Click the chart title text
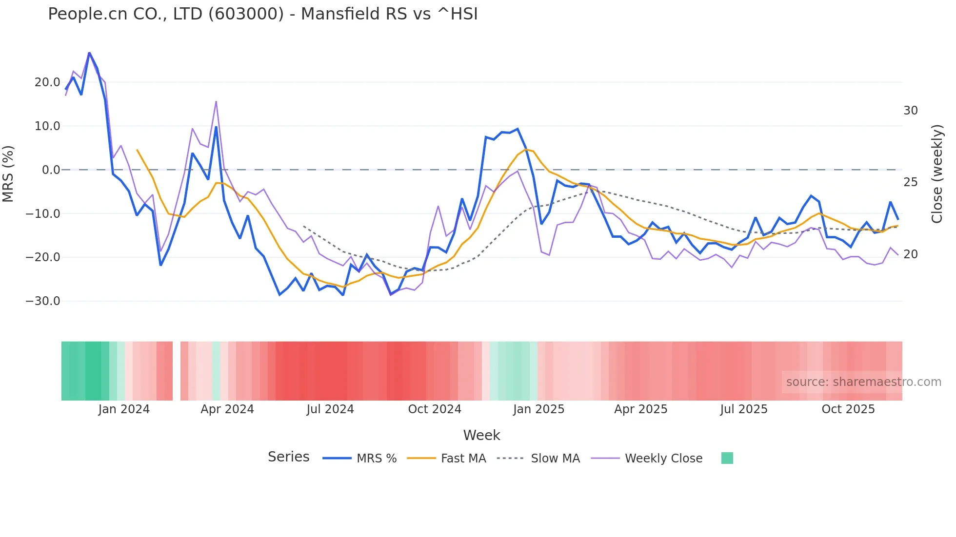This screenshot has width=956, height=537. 262,14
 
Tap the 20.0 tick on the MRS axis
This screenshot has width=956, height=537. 47,82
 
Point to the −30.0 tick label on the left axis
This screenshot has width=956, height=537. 43,301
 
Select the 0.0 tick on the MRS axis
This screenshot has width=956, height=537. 51,170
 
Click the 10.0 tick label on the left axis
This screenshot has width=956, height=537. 47,126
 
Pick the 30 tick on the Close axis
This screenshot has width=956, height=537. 910,111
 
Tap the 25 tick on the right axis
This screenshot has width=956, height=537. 910,182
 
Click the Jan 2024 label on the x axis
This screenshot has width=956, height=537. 124,409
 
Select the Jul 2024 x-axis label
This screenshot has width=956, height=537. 330,409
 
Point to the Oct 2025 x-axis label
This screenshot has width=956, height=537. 848,409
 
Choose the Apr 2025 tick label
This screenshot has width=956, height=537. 640,409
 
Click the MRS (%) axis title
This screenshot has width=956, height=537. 8,174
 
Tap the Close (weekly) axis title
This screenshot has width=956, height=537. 936,174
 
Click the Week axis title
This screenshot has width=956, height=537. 481,435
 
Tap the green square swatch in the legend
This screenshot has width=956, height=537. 727,458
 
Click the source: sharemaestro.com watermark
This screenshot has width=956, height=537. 863,382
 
